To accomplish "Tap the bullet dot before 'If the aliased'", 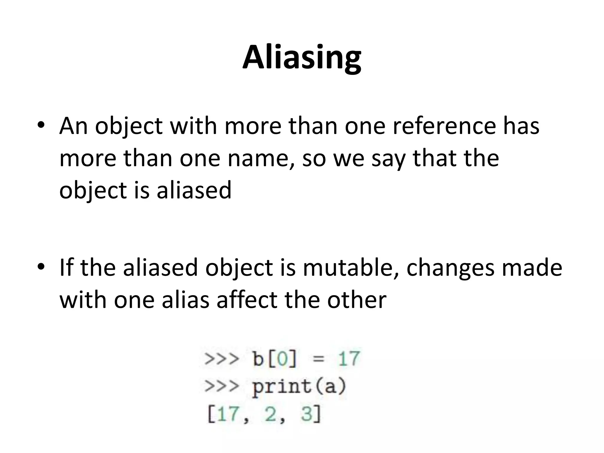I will coord(41,266).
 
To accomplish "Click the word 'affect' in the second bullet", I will coord(247,300).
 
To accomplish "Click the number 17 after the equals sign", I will coord(349,359).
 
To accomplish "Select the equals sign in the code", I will coord(319,360).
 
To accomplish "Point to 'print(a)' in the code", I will coord(299,387).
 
